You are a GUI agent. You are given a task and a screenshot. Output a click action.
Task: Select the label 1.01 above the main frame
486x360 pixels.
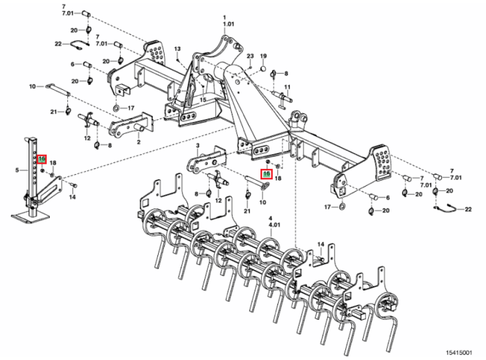click(228, 24)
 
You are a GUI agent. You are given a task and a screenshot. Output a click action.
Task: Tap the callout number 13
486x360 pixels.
click(177, 50)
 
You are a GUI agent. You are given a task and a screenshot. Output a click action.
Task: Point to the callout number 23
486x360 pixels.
click(249, 56)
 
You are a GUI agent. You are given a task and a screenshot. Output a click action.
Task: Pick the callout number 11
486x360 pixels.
click(287, 86)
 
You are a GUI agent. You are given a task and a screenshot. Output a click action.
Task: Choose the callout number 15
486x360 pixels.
click(202, 100)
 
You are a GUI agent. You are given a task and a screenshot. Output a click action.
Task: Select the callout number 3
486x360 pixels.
click(197, 147)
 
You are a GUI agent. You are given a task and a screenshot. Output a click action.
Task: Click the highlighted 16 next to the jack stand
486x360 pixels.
click(41, 159)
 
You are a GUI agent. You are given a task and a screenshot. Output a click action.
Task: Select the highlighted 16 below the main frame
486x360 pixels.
click(265, 174)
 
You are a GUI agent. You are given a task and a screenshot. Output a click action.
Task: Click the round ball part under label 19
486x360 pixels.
click(263, 67)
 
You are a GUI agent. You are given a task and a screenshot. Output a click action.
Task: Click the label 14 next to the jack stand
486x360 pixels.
click(73, 196)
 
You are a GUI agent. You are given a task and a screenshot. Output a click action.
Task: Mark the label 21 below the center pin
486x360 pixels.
click(246, 211)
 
